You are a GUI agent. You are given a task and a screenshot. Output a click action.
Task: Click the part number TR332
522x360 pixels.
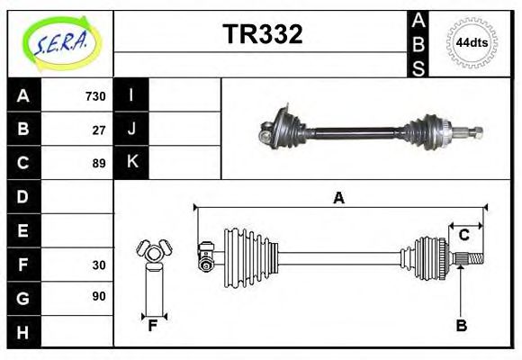tap(262, 34)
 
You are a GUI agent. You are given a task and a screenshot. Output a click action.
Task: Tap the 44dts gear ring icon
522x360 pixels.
tap(472, 42)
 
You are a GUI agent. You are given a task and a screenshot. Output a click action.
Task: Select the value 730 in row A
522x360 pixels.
tap(94, 96)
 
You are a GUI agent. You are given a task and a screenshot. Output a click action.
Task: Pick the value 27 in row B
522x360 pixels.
tap(99, 130)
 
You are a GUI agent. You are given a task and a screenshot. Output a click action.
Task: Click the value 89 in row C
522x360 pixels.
tap(99, 163)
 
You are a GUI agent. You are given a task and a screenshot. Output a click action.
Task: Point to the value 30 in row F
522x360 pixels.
tap(99, 265)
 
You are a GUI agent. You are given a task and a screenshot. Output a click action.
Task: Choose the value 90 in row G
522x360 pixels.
tap(99, 296)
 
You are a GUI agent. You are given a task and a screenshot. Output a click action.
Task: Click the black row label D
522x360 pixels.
tap(23, 196)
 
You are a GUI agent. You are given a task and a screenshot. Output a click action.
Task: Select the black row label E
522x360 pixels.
tap(23, 230)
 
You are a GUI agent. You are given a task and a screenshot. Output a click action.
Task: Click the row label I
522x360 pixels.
tap(131, 95)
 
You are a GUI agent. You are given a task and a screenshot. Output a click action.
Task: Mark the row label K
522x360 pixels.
tap(131, 163)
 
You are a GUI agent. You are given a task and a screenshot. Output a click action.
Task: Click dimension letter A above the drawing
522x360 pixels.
tap(338, 199)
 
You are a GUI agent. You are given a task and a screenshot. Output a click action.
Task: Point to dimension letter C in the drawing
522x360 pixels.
tap(463, 235)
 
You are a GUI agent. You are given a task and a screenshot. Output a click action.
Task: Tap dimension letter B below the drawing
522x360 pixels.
tap(461, 326)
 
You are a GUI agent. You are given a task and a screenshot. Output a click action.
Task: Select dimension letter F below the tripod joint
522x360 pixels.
tap(153, 326)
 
